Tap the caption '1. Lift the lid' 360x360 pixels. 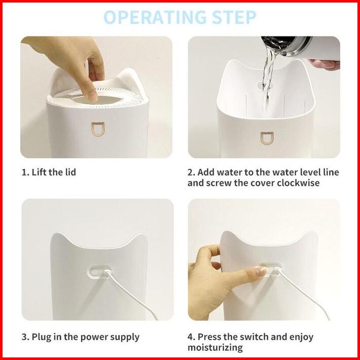coord(49,172)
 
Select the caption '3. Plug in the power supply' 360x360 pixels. coord(81,337)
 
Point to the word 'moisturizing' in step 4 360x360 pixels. coord(215,348)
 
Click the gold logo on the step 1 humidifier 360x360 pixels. coord(98,129)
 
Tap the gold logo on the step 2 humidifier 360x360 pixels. coord(267,138)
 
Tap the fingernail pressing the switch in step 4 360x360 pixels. coord(261,272)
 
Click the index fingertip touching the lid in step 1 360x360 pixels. coord(92,97)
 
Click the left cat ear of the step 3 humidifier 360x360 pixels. coord(58,239)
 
